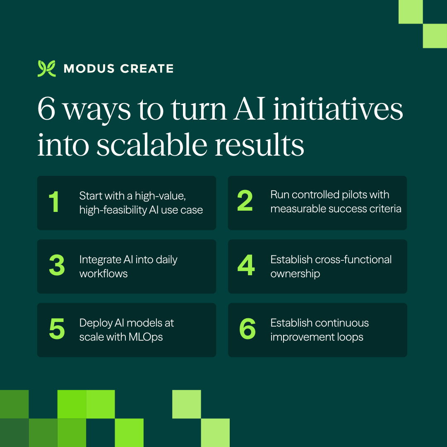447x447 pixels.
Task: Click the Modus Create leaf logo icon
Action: (x=46, y=69)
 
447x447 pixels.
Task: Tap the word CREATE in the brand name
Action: (x=147, y=69)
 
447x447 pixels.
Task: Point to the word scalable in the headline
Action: (x=157, y=145)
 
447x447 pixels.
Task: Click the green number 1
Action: (x=54, y=202)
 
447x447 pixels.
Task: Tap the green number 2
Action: (x=245, y=202)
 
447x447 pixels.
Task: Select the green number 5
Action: (x=57, y=329)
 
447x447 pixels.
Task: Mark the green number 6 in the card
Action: (x=248, y=329)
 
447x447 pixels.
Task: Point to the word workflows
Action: (x=103, y=274)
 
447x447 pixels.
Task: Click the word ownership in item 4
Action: (x=295, y=274)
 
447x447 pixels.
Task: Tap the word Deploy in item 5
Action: (x=94, y=323)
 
